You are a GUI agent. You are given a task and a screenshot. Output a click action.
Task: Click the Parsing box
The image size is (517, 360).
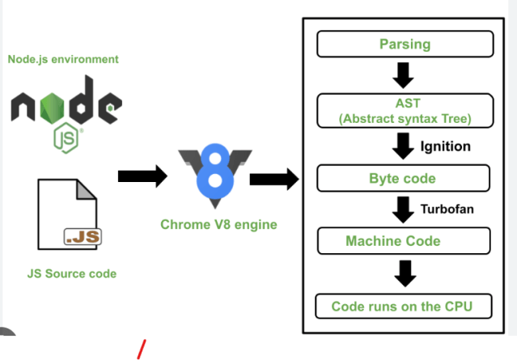[x=405, y=44]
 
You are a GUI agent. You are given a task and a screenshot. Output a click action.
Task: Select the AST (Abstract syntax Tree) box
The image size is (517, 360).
[x=405, y=111]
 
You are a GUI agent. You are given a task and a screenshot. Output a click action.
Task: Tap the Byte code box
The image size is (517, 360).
[x=403, y=178]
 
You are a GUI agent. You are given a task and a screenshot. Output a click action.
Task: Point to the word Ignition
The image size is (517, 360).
[x=445, y=147]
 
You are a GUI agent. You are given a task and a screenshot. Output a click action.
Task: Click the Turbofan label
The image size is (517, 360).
[x=447, y=210]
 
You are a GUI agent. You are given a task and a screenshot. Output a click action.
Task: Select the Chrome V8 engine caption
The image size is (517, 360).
[x=218, y=224]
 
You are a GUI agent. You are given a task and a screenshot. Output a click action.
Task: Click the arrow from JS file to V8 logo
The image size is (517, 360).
[x=142, y=176]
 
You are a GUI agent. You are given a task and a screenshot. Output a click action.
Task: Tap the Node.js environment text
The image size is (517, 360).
[x=63, y=59]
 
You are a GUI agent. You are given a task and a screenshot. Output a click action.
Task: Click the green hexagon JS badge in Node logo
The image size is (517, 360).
[x=66, y=139]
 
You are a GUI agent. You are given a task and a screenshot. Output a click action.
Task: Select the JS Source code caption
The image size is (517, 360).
[x=71, y=273]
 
